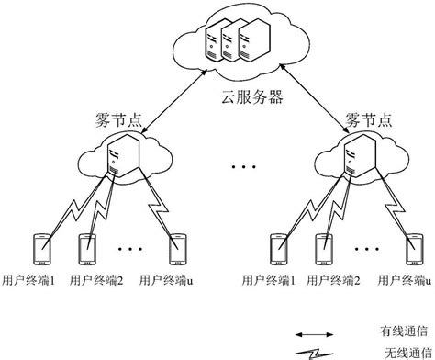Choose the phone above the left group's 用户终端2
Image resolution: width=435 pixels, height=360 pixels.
(x=87, y=248)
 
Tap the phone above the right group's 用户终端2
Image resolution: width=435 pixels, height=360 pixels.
(x=323, y=248)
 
